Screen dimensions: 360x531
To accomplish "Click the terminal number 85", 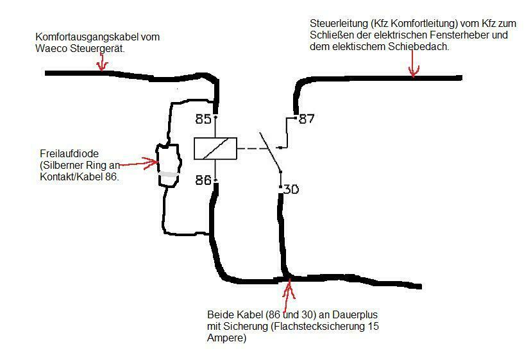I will coord(204,119).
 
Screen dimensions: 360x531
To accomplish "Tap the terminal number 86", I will coord(204,180).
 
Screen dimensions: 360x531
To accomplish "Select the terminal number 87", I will coord(308,119).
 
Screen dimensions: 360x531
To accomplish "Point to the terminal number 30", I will coord(291,189).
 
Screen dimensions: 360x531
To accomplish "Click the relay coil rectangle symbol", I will coord(215,149).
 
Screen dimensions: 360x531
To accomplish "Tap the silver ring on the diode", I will coord(168,174).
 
